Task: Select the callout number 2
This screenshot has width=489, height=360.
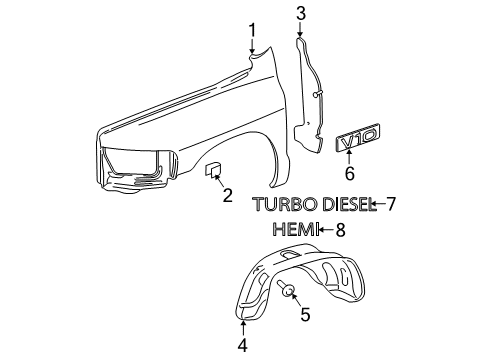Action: click(x=227, y=194)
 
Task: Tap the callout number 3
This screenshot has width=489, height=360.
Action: click(x=300, y=13)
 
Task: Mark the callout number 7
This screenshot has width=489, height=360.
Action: click(x=391, y=205)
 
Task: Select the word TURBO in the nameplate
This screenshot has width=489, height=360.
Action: click(x=281, y=205)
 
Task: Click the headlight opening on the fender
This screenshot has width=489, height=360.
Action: click(x=135, y=159)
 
